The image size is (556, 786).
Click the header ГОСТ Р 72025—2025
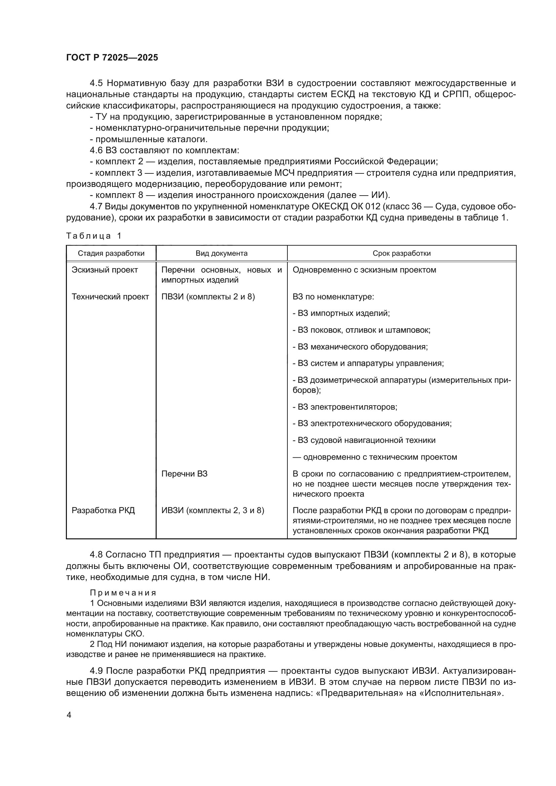point(112,57)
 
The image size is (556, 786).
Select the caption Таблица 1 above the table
point(93,236)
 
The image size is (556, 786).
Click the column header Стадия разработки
point(111,253)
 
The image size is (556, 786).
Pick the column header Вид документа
point(222,253)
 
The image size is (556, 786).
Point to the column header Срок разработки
point(401,253)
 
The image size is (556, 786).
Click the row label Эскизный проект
point(105,270)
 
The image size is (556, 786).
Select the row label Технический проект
point(110,297)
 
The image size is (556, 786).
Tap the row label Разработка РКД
point(103,510)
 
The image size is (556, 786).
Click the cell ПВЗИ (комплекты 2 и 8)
point(208,297)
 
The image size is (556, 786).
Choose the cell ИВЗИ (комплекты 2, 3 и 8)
point(212,510)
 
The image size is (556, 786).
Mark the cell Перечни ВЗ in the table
point(184,474)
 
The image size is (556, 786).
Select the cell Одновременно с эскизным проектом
point(364,270)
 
